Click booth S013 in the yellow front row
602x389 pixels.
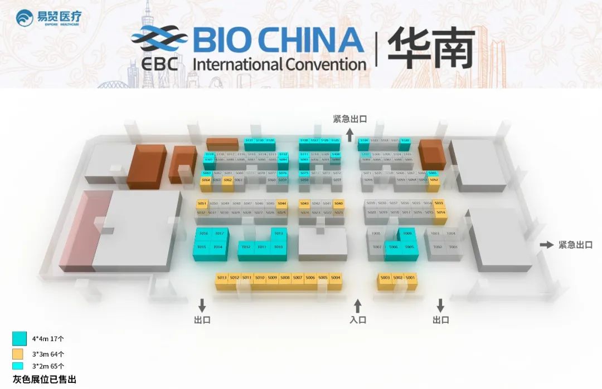click(222, 278)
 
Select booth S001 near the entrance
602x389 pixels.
click(411, 278)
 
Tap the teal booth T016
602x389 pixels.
click(203, 234)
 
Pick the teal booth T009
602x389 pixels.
click(407, 234)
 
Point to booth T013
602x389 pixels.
click(279, 234)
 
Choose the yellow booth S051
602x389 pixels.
click(202, 204)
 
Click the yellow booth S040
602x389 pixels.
click(338, 204)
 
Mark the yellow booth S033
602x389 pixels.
click(439, 204)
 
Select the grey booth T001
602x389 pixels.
click(453, 247)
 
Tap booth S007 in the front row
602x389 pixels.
click(298, 278)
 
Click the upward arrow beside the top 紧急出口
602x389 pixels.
click(349, 134)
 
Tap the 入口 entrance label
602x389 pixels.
click(358, 320)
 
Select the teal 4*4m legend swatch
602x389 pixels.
click(20, 338)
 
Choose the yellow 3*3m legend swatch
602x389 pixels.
click(18, 353)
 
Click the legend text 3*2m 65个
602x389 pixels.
click(48, 366)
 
